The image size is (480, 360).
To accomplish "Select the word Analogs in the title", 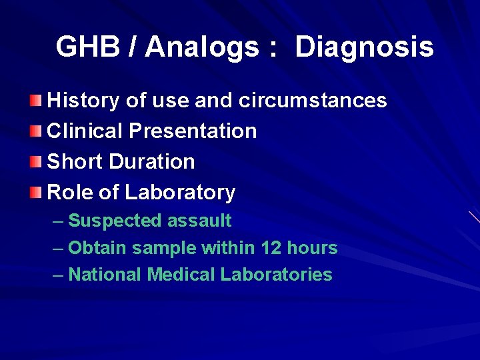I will (202, 47).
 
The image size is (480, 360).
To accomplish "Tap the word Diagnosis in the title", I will (364, 47).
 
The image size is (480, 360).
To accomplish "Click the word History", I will (83, 101).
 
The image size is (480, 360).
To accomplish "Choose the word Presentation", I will (193, 131).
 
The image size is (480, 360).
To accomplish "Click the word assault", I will (199, 221).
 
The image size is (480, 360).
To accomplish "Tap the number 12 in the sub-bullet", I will (271, 248).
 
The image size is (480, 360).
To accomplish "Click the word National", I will (105, 275).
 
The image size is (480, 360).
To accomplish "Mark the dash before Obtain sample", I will (58, 248).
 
